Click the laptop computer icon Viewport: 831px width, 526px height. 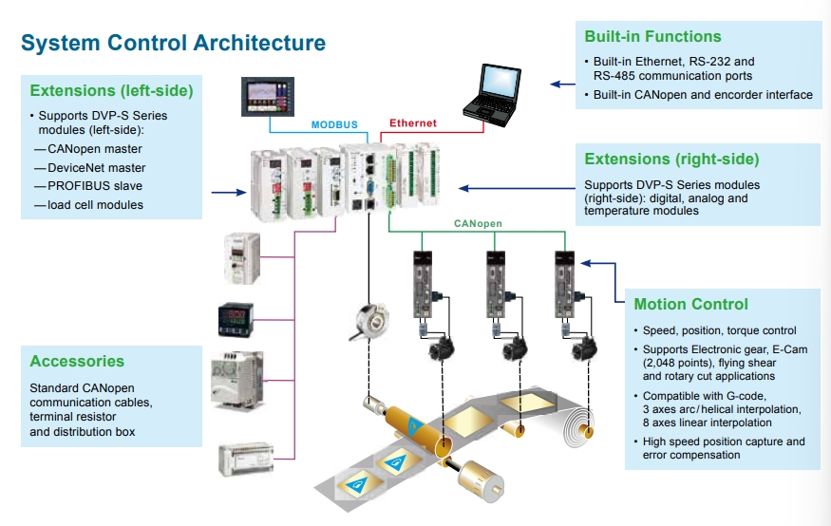492,95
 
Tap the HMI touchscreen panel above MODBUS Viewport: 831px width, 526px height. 268,97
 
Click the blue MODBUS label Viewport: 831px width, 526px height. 334,125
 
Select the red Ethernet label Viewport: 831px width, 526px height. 413,122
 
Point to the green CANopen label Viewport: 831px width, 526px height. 478,223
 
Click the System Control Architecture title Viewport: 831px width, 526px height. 173,43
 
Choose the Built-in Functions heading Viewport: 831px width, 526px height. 653,36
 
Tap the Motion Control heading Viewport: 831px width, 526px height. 691,304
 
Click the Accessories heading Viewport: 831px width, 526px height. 77,361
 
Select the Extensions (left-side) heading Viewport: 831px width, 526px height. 111,90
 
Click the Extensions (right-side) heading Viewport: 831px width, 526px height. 671,159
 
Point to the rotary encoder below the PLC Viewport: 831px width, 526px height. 369,321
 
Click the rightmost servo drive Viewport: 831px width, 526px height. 564,285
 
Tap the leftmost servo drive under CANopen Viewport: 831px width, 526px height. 423,285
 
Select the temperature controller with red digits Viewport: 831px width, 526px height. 236,319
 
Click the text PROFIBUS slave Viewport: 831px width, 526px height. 95,186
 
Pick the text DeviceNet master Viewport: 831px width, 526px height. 97,168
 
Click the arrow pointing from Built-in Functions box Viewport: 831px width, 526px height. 562,84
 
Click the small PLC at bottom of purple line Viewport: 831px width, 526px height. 246,459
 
